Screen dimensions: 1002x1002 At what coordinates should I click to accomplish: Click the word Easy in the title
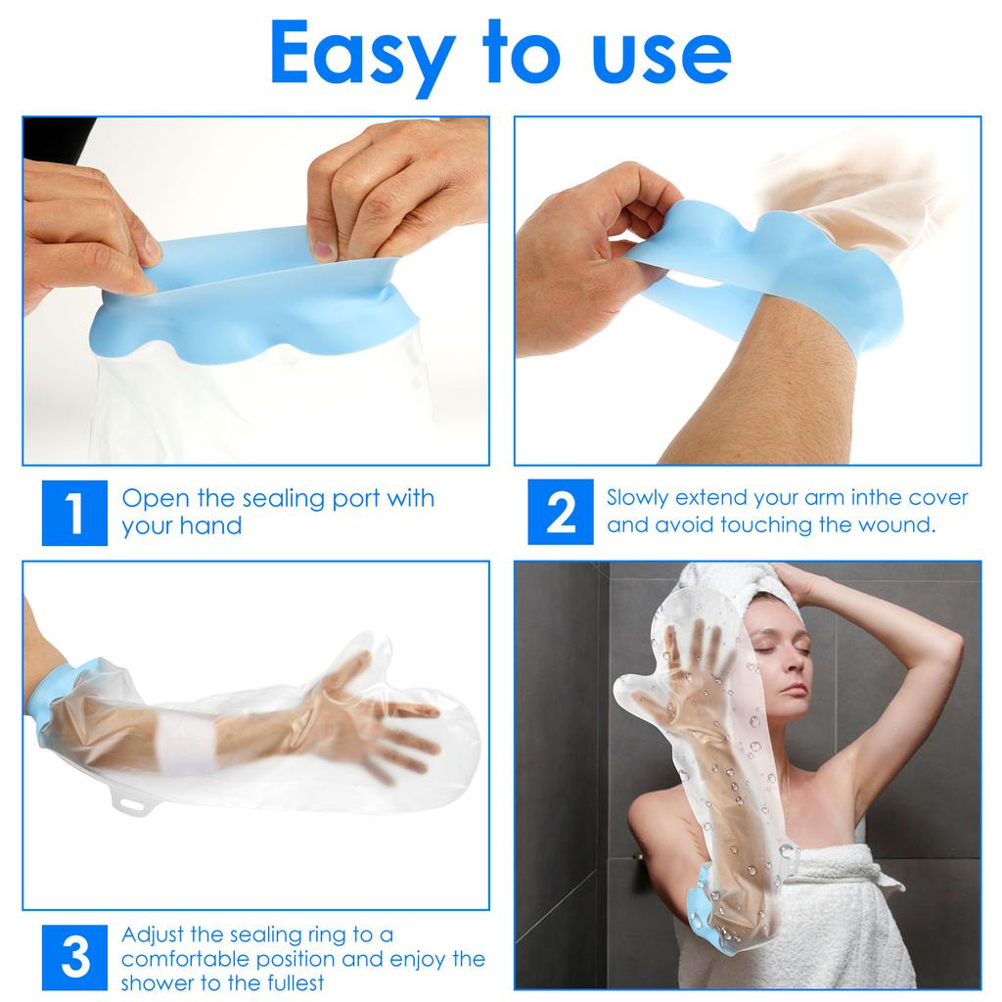click(362, 57)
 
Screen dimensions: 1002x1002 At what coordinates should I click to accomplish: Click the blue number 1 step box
click(74, 513)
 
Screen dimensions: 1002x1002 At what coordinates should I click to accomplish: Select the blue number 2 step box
click(561, 512)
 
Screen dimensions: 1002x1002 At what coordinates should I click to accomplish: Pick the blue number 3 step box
click(74, 957)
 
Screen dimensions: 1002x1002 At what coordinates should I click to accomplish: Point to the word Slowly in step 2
click(637, 498)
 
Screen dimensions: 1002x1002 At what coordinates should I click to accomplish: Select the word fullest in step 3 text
click(293, 982)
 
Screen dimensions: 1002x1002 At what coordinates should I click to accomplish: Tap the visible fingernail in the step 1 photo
click(323, 249)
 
